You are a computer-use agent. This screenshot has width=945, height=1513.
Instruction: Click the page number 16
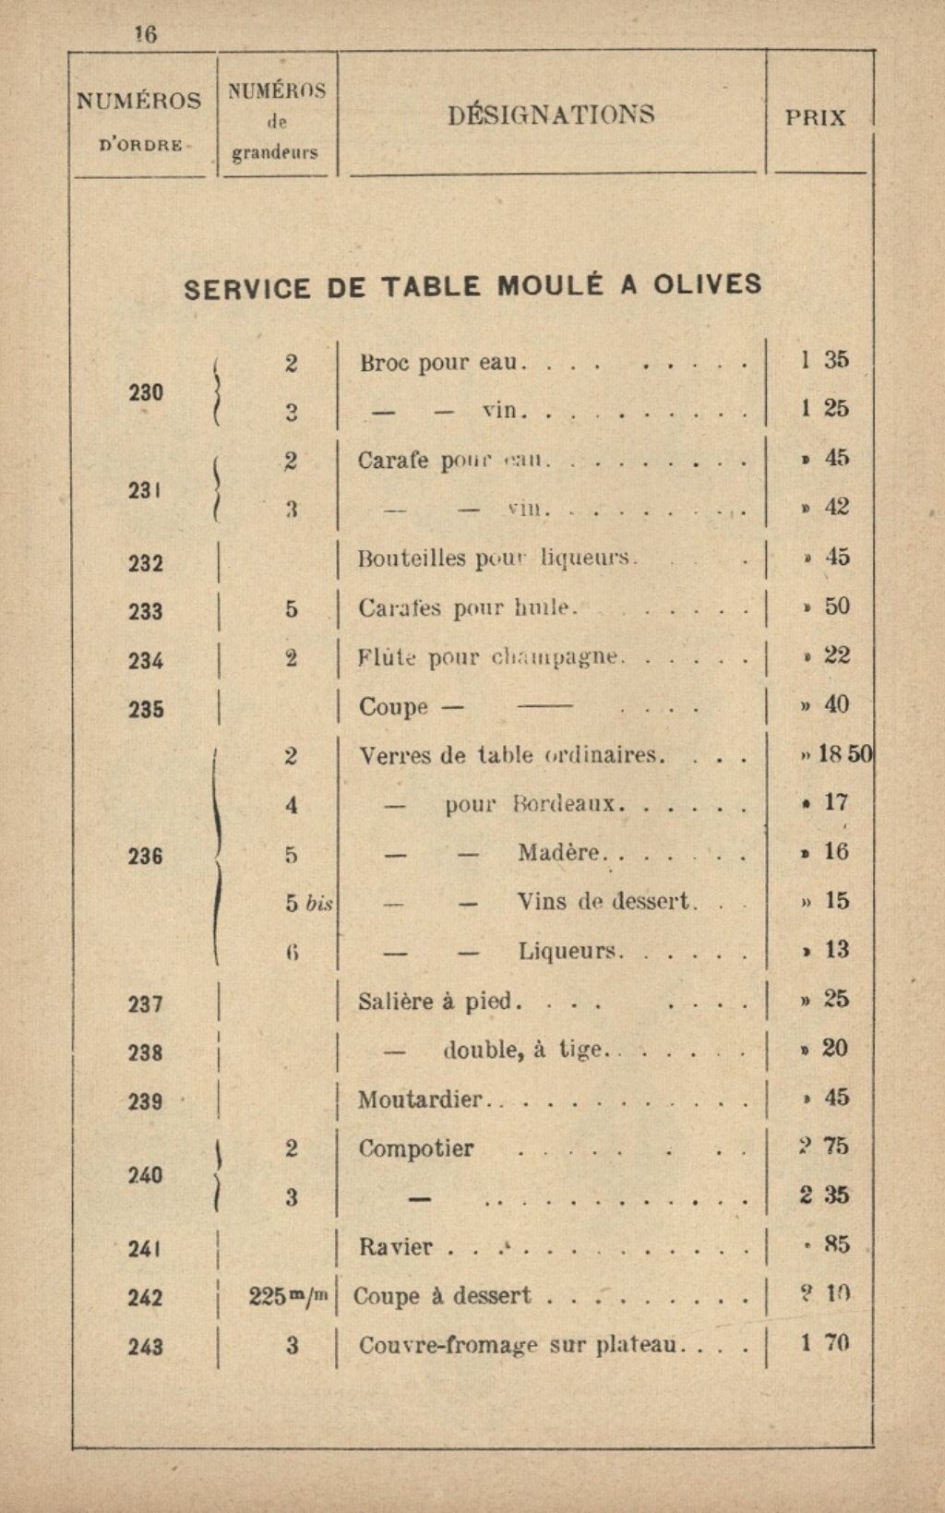tap(146, 34)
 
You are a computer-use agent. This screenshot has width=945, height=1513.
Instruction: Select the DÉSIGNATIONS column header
tap(551, 115)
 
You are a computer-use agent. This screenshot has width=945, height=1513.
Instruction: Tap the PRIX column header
tap(815, 117)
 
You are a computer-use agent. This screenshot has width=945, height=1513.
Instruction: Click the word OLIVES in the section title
tap(708, 284)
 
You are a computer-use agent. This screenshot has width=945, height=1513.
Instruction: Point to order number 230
tap(146, 392)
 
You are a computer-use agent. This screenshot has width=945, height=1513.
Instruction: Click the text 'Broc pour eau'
tap(438, 362)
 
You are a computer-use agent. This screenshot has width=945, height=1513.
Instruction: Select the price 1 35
tap(824, 359)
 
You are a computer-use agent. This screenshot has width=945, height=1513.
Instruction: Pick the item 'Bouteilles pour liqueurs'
tap(496, 558)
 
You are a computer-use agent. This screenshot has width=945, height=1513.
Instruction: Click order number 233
tap(146, 611)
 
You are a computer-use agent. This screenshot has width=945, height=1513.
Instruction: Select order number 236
tap(146, 856)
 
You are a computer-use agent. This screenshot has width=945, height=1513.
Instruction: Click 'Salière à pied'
tap(439, 1002)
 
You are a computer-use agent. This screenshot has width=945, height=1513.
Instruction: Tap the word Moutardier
tap(420, 1099)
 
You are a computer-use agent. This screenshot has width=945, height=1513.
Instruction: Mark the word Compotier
tap(415, 1149)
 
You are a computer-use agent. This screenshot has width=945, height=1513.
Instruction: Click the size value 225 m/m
tap(289, 1296)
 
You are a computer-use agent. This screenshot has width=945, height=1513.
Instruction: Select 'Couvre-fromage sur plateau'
tap(517, 1346)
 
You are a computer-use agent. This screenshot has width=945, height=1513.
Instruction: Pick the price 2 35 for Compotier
tap(824, 1195)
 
